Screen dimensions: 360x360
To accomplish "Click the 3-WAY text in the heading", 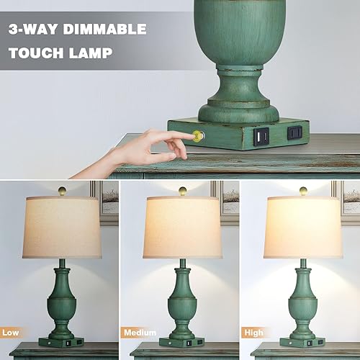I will pos(35,30).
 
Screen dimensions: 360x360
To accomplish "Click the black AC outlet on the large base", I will pos(294,132).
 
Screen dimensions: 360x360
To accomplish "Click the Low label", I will pos(12,333).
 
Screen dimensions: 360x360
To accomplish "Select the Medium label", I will pos(140,333).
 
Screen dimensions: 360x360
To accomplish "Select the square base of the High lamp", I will pos(301,341).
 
